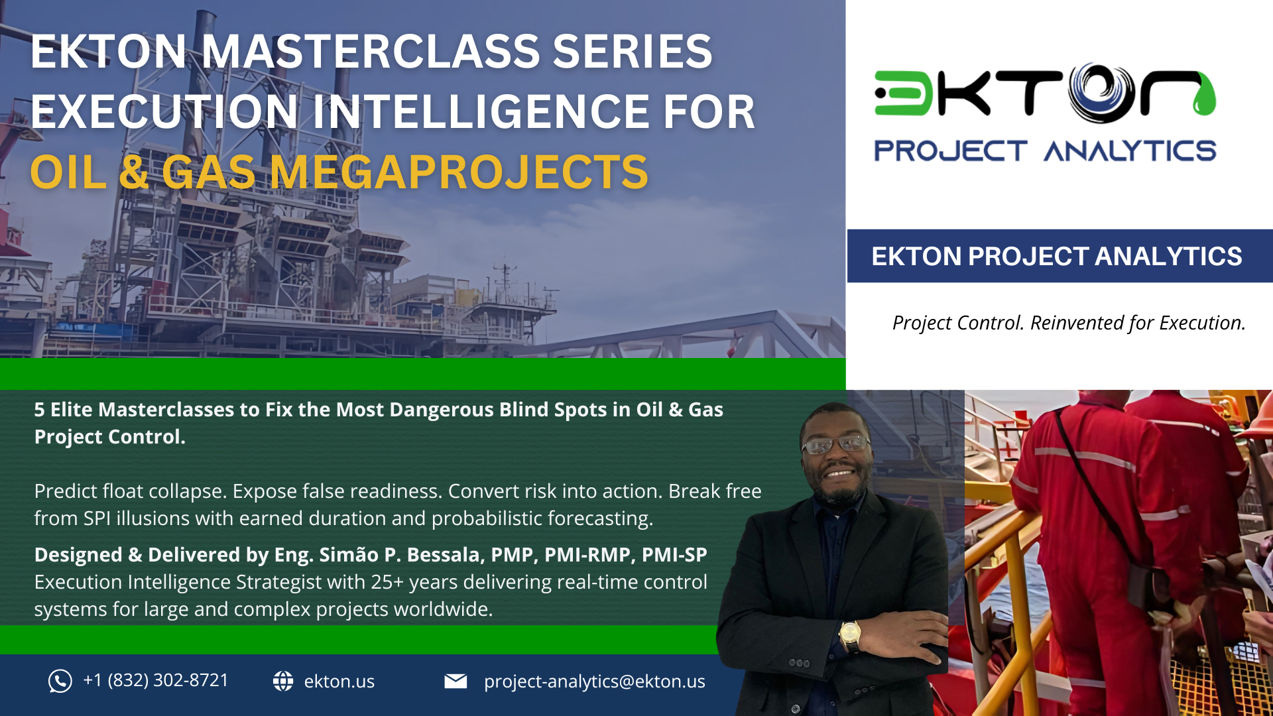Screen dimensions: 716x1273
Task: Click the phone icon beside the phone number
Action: click(x=60, y=681)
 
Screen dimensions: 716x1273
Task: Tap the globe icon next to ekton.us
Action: click(x=283, y=681)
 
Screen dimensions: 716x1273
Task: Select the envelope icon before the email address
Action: click(x=455, y=681)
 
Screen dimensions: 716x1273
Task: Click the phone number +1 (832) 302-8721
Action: click(x=156, y=680)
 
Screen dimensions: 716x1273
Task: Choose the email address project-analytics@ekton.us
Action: click(x=594, y=681)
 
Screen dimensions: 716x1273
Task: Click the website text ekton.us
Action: click(x=339, y=681)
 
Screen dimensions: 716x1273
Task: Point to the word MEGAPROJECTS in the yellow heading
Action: click(x=459, y=172)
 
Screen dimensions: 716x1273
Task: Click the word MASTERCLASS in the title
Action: click(x=371, y=52)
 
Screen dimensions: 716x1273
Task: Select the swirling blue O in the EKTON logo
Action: click(x=1101, y=93)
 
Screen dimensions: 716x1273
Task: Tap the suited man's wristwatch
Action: click(x=850, y=634)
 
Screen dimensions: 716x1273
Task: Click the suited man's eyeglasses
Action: click(x=835, y=444)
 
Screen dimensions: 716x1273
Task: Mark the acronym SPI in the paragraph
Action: click(x=97, y=518)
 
